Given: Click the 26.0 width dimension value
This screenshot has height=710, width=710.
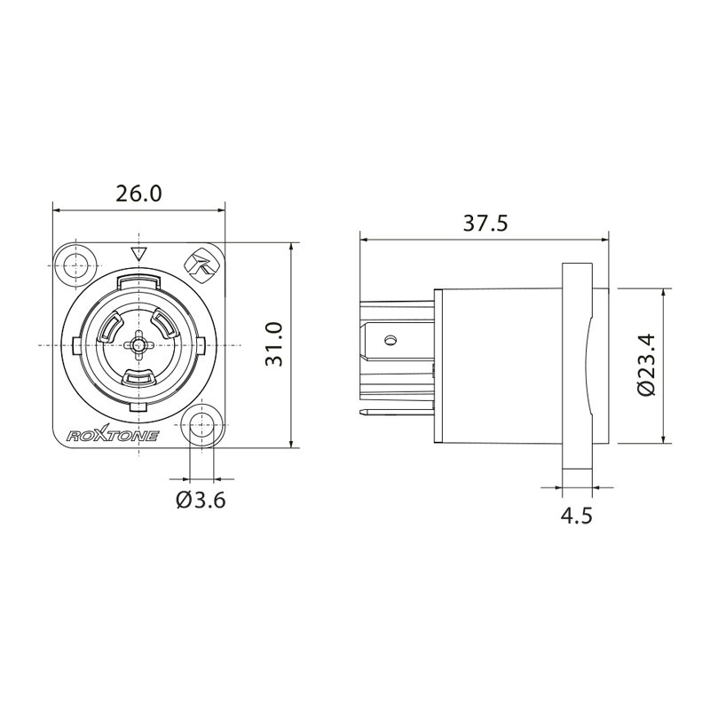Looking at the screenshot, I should (x=138, y=194).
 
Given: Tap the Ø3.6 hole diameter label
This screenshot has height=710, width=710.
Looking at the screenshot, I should (x=201, y=500).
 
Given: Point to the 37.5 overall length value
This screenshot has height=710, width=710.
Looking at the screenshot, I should (x=485, y=223).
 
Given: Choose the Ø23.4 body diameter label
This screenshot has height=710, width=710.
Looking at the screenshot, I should (x=645, y=365).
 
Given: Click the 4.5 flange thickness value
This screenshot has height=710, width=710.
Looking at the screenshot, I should (x=577, y=516).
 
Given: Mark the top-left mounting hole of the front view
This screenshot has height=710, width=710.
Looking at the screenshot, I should (x=75, y=264).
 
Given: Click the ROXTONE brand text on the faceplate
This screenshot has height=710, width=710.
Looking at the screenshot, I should (x=114, y=435).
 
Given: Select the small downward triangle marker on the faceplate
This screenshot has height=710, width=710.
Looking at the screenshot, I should (x=138, y=254).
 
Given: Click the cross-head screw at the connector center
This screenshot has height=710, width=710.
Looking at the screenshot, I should (x=138, y=343).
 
